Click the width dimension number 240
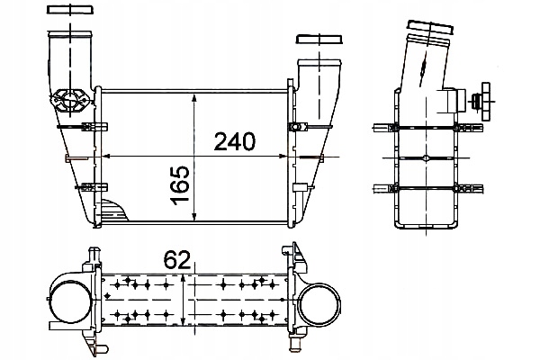pyautogui.click(x=234, y=142)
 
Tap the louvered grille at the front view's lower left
pyautogui.click(x=114, y=212)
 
